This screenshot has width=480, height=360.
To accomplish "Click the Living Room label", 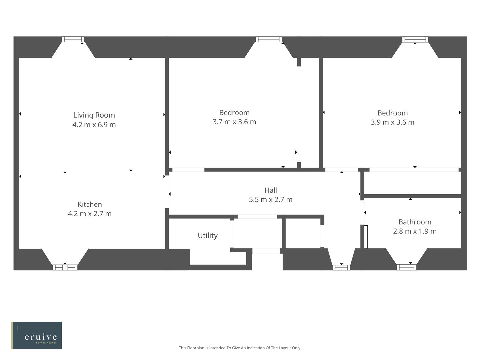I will tap(94, 115).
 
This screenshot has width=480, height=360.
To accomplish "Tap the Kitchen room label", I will tap(90, 204).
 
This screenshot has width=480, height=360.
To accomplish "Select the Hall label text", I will tap(271, 190).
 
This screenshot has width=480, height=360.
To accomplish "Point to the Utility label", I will tap(208, 235).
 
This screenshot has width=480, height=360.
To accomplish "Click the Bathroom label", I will tap(415, 222).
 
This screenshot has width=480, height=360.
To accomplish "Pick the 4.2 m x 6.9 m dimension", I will tap(94, 125).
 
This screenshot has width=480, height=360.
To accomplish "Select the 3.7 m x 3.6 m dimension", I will tap(234, 122).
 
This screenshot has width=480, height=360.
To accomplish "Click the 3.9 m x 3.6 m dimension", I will tap(392, 122).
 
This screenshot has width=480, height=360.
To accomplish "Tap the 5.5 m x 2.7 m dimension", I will tap(271, 199).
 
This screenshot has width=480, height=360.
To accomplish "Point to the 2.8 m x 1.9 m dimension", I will tap(415, 231).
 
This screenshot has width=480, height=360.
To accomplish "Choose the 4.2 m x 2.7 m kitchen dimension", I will tap(90, 214).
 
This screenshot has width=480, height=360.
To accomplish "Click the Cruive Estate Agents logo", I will tap(36, 335).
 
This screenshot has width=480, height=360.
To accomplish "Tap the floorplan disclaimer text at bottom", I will tap(240, 348).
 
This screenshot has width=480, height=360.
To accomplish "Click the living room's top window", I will tap(73, 39).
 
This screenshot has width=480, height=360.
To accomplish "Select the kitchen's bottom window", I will tap(65, 267).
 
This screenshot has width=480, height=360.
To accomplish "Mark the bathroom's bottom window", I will tap(406, 267).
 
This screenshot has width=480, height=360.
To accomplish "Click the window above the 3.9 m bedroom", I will tap(415, 39).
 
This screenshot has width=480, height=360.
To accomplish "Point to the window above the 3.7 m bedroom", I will tap(268, 39).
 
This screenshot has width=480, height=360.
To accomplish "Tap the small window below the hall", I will tap(341, 267).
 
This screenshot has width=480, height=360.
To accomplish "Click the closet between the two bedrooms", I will tap(310, 113).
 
